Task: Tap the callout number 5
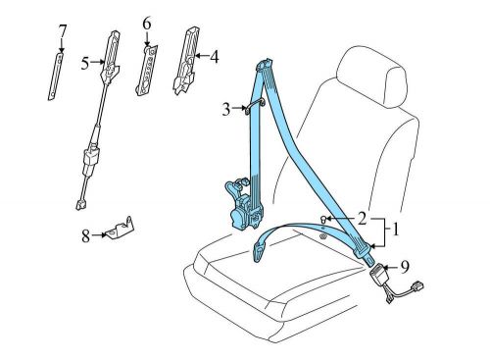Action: [x=84, y=63]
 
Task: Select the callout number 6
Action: [x=147, y=23]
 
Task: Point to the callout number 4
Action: [x=215, y=56]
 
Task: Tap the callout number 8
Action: [x=85, y=234]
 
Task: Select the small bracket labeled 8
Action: [x=122, y=231]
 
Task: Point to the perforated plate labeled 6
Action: [x=147, y=69]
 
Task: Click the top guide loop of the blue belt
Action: [x=265, y=69]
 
